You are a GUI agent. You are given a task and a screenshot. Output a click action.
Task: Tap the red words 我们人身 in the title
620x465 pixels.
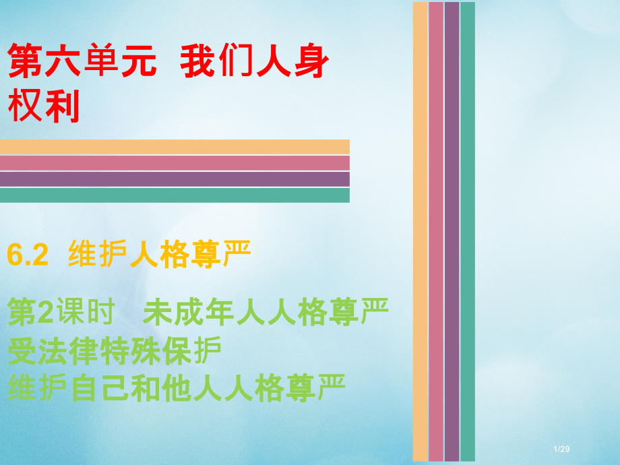[255, 62]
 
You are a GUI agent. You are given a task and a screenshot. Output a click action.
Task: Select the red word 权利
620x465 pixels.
[44, 106]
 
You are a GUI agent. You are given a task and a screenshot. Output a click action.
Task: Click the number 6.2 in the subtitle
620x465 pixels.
[28, 257]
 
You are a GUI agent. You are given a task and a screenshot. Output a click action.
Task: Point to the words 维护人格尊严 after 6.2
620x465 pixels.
[160, 257]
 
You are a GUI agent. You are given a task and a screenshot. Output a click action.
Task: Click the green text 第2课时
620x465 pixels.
[57, 313]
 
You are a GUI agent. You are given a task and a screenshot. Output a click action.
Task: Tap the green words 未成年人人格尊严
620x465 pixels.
[266, 313]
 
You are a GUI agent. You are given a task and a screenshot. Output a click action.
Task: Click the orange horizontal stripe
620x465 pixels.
[175, 147]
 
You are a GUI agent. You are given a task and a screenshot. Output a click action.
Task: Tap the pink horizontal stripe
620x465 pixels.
[175, 163]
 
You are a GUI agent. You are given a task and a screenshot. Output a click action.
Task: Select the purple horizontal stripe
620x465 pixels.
[175, 179]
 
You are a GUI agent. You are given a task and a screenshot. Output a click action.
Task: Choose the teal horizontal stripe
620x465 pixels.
[175, 195]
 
